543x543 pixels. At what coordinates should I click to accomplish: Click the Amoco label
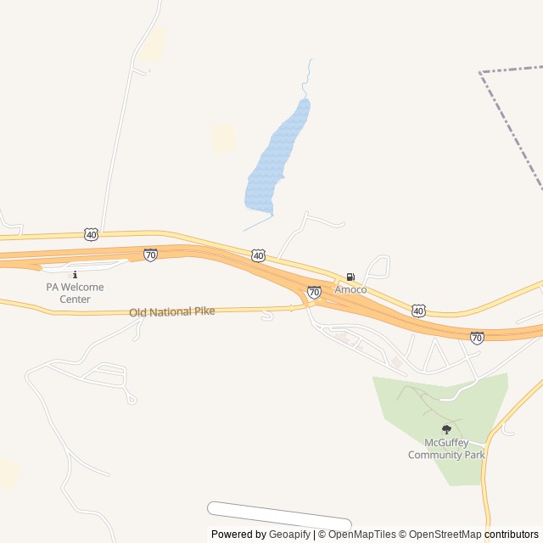pos(350,289)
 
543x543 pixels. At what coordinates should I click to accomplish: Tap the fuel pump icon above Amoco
pos(350,277)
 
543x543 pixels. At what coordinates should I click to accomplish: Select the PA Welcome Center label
pos(75,293)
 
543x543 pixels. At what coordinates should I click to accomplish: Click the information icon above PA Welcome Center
pos(75,274)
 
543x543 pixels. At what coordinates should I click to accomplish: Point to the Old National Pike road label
pos(172,312)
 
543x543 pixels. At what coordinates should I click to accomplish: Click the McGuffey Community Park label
pos(446,449)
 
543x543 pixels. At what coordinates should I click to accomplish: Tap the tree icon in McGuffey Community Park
pos(446,429)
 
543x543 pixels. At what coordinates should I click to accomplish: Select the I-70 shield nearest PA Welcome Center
pos(150,255)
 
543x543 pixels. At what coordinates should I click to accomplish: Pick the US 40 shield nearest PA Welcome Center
pos(92,233)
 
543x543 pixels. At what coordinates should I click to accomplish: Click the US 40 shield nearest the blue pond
pos(258,255)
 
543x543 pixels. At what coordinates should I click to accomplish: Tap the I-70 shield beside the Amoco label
pos(314,292)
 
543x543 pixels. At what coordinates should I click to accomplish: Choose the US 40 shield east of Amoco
pos(418,311)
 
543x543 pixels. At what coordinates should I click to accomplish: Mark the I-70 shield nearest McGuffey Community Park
pos(477,338)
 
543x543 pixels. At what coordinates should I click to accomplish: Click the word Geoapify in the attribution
pos(290,535)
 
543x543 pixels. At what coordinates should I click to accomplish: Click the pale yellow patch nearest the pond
pos(223,137)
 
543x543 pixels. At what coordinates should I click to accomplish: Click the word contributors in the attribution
pos(512,535)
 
